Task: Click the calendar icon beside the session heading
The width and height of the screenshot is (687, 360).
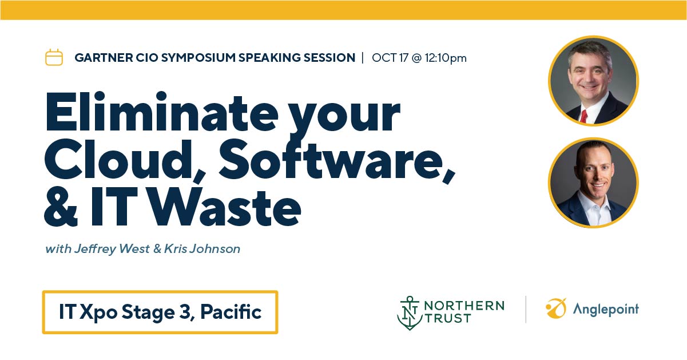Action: coord(54,57)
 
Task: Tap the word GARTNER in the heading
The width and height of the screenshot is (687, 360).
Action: coord(104,58)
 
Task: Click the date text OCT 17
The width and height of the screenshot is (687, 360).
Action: coord(390,58)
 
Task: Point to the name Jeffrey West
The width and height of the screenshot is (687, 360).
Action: coord(112,249)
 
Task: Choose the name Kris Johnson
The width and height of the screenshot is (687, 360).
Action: coord(202,248)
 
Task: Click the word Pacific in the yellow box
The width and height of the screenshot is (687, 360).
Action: coord(231,312)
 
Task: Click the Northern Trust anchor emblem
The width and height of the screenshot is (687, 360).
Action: coord(410,313)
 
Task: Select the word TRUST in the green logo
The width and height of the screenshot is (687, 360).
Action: coord(448,318)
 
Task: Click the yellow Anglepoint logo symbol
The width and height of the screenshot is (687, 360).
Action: coord(556,308)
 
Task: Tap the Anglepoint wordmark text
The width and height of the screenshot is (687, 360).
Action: coord(606,310)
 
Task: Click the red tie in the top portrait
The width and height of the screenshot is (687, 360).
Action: coord(583,117)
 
